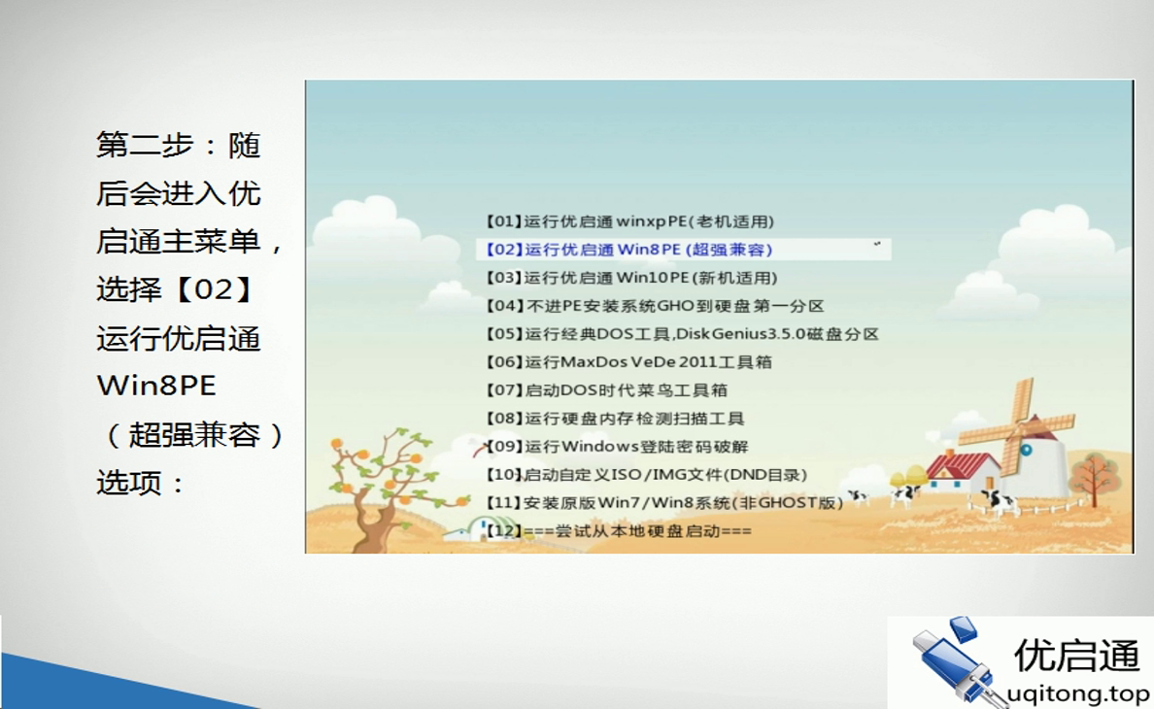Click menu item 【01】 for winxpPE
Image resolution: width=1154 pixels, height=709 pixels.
[629, 221]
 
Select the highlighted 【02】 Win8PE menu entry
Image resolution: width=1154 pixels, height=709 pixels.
[629, 250]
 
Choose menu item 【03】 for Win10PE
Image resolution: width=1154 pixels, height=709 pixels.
[631, 278]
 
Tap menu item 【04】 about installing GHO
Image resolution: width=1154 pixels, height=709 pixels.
[654, 306]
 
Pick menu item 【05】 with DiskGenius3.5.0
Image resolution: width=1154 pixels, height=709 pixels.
[681, 334]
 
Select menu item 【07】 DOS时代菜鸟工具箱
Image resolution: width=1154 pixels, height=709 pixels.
[606, 390]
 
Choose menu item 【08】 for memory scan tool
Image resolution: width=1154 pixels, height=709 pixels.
[614, 419]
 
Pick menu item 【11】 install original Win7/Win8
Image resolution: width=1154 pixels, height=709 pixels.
[663, 503]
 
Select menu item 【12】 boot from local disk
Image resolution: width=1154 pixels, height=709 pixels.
[618, 531]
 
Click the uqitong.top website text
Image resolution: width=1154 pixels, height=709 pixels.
[1077, 693]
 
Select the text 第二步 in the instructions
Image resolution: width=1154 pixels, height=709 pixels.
[145, 146]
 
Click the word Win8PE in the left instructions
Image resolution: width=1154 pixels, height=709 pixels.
[156, 386]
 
